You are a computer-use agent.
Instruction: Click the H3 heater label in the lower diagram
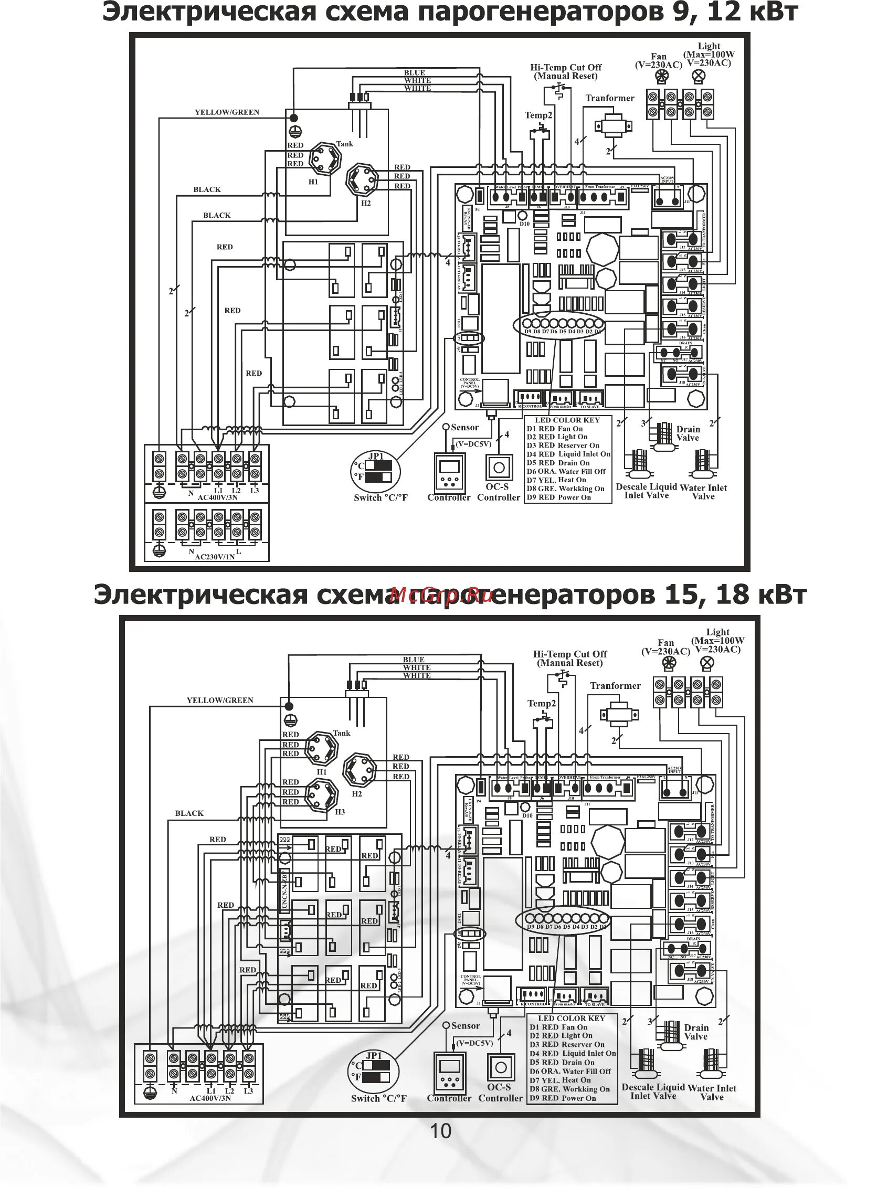pyautogui.click(x=340, y=812)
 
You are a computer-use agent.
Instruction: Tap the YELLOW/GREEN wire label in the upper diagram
pyautogui.click(x=227, y=112)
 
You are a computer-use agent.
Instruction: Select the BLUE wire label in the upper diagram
pyautogui.click(x=414, y=73)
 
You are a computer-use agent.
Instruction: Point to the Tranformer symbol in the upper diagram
pyautogui.click(x=613, y=126)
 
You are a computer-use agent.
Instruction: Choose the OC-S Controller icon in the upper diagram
pyautogui.click(x=499, y=468)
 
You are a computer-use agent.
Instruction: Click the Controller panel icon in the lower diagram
pyautogui.click(x=449, y=1068)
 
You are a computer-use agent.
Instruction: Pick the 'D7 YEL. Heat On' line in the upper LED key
pyautogui.click(x=556, y=480)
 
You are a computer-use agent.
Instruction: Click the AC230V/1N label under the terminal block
pyautogui.click(x=215, y=557)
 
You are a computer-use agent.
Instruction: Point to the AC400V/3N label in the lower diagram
pyautogui.click(x=210, y=1098)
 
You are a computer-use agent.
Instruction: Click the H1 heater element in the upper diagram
pyautogui.click(x=324, y=158)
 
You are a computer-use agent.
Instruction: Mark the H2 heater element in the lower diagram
pyautogui.click(x=360, y=770)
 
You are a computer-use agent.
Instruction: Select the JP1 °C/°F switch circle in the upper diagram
pyautogui.click(x=376, y=471)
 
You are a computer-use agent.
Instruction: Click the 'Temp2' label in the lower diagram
pyautogui.click(x=542, y=703)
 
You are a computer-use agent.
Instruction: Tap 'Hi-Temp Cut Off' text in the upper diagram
pyautogui.click(x=566, y=67)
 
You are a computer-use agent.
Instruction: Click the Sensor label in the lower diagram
pyautogui.click(x=465, y=1026)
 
